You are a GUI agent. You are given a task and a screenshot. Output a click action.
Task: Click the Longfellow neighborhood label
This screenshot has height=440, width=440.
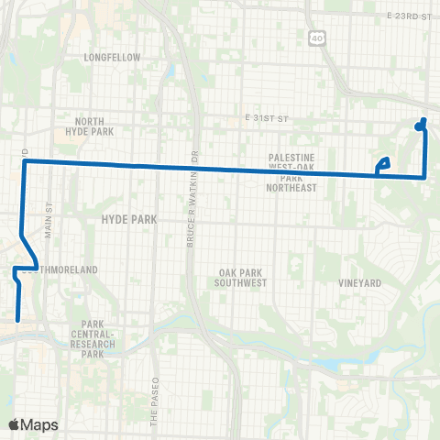111,57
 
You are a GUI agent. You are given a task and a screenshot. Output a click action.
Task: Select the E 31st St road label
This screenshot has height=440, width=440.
267,118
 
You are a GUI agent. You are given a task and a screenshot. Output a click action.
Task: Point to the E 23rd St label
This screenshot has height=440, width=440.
408,16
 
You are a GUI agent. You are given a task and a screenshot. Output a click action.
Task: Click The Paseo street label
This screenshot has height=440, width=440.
155,396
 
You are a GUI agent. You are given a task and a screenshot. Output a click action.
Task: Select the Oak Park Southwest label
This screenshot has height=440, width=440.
243,278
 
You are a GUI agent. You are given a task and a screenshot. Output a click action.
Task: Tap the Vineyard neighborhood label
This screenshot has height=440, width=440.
358,283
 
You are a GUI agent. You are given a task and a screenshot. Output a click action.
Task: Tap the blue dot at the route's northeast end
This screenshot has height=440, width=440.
418,126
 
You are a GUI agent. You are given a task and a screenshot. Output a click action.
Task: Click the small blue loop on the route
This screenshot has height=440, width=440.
383,164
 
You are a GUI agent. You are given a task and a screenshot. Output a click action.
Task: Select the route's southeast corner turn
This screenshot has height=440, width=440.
424,177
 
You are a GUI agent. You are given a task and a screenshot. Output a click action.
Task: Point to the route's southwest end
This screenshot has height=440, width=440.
17,320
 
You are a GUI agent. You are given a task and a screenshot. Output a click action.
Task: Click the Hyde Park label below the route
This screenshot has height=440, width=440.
129,219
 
